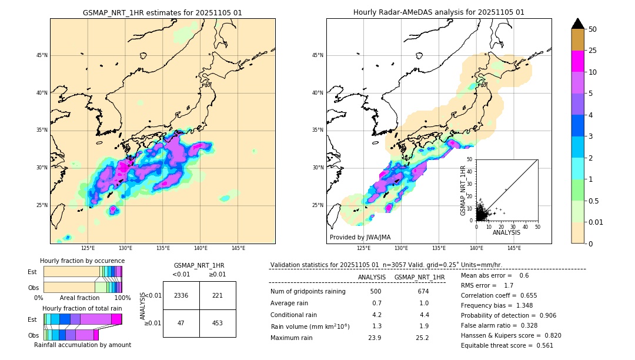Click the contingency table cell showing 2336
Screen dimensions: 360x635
[x=181, y=295]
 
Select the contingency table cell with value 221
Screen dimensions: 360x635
[x=218, y=295]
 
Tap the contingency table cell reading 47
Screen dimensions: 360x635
[x=181, y=323]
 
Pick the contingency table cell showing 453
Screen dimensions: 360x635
[x=218, y=323]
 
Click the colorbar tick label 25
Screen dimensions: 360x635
[x=593, y=51]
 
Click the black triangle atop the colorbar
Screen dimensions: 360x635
[x=578, y=24]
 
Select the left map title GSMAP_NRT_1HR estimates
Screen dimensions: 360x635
[x=162, y=12]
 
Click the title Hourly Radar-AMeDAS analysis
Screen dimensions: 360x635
[x=439, y=12]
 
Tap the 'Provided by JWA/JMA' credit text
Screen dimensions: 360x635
[x=360, y=237]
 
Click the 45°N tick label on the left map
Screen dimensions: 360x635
[x=42, y=55]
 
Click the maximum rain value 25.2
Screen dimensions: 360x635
[x=423, y=338]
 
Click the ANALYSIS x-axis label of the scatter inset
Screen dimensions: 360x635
[x=506, y=232]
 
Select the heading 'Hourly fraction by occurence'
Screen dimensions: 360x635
[x=82, y=261]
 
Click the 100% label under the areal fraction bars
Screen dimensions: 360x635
[x=122, y=298]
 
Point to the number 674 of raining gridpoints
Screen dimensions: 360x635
[x=423, y=291]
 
